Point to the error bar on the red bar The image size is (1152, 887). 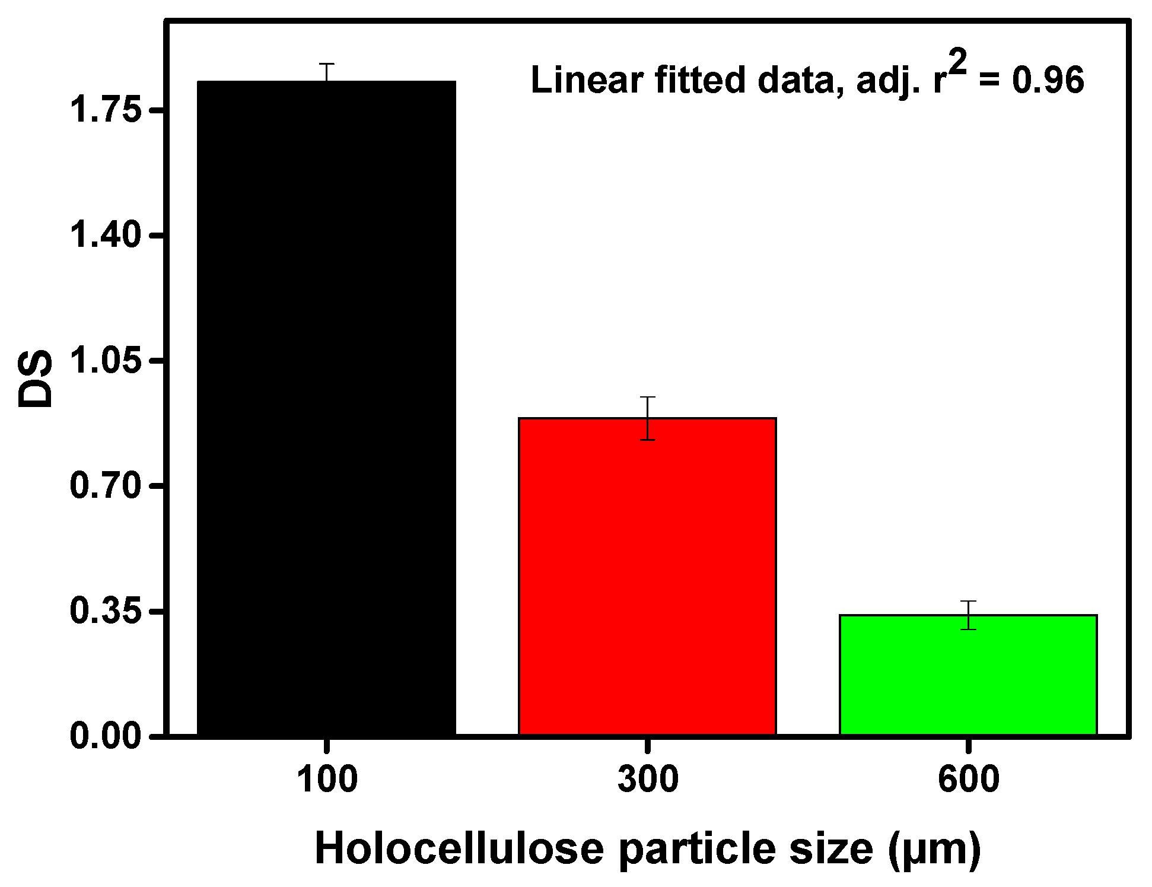click(648, 418)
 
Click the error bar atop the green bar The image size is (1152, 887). click(968, 615)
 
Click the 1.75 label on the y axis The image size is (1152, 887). click(106, 110)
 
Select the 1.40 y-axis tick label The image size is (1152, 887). click(106, 235)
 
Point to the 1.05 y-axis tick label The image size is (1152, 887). click(106, 360)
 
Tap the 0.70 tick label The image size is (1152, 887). click(106, 485)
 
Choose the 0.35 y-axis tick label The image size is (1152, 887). click(106, 611)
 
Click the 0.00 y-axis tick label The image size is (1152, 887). click(106, 736)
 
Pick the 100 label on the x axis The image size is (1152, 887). click(327, 779)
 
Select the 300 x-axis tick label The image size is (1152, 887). click(648, 779)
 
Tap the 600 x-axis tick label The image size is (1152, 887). click(968, 779)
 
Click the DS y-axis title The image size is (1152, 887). click(35, 380)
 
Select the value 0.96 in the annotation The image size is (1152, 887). click(1048, 80)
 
